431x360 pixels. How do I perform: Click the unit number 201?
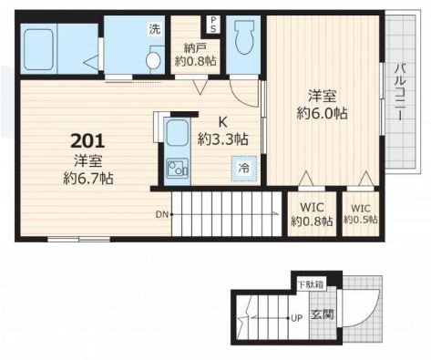[87, 141]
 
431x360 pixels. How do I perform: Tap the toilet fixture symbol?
[244, 36]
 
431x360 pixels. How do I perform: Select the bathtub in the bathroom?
[38, 49]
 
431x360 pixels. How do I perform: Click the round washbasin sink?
[153, 60]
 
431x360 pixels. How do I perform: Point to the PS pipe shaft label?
[213, 24]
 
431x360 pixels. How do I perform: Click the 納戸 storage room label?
[196, 47]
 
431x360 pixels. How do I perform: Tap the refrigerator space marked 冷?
[243, 169]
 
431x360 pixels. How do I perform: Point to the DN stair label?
[161, 215]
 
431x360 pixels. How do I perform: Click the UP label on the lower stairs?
[297, 318]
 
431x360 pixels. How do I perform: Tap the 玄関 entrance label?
[323, 314]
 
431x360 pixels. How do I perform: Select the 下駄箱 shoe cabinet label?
[311, 285]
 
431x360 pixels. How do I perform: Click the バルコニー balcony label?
[400, 91]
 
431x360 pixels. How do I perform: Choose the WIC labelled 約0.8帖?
[312, 214]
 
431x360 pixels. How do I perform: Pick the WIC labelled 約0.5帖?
[361, 214]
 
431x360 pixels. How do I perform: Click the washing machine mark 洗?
[154, 29]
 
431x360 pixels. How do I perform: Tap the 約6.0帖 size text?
[322, 114]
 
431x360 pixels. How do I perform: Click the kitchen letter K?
[223, 122]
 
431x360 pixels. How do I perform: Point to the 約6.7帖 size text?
[88, 179]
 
